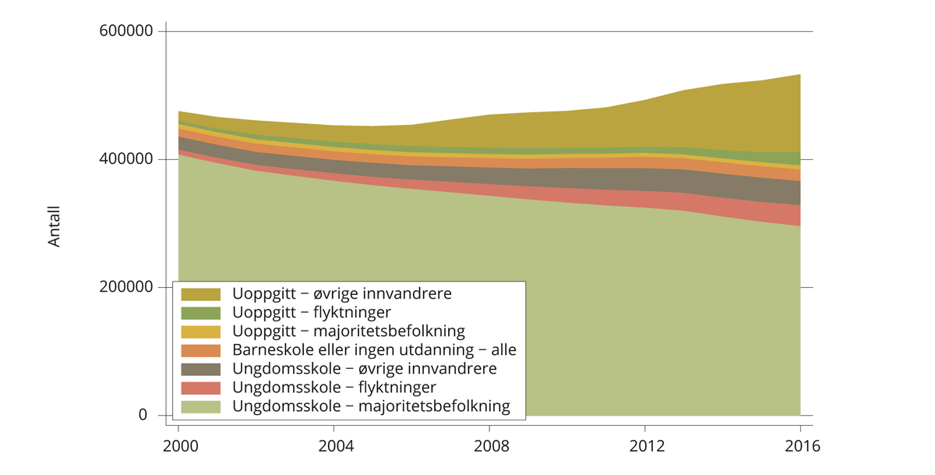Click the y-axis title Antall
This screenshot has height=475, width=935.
coord(54,226)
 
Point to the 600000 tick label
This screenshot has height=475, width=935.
coord(124,31)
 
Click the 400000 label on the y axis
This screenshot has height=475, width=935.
coord(124,159)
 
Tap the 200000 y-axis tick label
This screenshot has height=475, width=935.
coord(124,287)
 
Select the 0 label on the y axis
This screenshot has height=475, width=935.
coord(143,415)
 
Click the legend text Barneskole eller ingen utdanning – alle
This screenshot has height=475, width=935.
coord(374,350)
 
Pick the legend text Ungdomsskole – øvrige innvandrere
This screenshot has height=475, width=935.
coord(364,369)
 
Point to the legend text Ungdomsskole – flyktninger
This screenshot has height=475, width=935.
coord(333,388)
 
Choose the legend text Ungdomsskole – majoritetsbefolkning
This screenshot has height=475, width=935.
coord(371,406)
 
